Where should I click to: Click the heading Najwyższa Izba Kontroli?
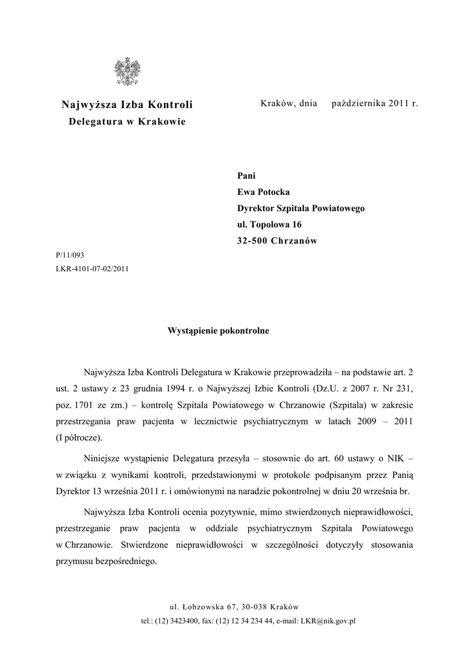pyautogui.click(x=127, y=104)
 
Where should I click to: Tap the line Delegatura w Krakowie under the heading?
pyautogui.click(x=127, y=122)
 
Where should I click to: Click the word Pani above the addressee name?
pyautogui.click(x=247, y=175)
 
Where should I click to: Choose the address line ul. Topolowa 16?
pyautogui.click(x=269, y=225)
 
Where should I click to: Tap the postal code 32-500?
pyautogui.click(x=254, y=242)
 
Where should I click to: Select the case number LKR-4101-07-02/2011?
pyautogui.click(x=93, y=269)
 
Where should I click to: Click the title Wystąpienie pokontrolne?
pyautogui.click(x=218, y=330)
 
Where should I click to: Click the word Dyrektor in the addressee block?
pyautogui.click(x=257, y=208)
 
